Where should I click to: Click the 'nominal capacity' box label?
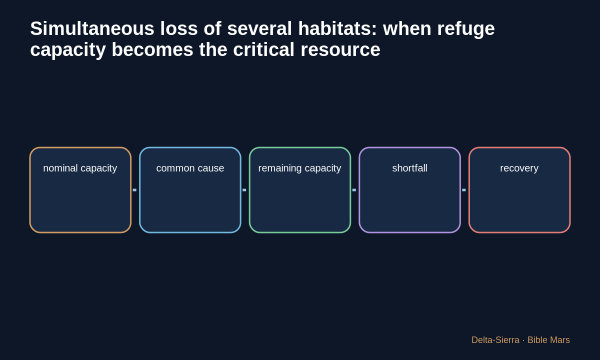(x=80, y=168)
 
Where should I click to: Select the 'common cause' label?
(x=190, y=168)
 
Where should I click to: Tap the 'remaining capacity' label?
(x=299, y=168)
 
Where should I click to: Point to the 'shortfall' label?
(x=410, y=168)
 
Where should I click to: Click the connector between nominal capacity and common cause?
(x=134, y=190)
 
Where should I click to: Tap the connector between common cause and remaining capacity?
(x=244, y=190)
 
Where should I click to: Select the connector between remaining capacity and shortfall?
(x=354, y=190)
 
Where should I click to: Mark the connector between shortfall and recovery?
(x=464, y=190)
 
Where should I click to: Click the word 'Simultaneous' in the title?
(x=92, y=28)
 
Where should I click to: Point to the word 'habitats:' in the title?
(x=337, y=28)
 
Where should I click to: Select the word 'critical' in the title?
(x=264, y=49)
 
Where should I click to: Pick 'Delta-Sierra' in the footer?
(x=495, y=340)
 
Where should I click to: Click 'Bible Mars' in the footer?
(x=548, y=340)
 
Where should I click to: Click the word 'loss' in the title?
(x=179, y=28)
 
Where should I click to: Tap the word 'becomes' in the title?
(x=152, y=49)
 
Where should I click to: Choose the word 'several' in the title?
(x=259, y=28)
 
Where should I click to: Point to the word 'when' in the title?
(x=407, y=28)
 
